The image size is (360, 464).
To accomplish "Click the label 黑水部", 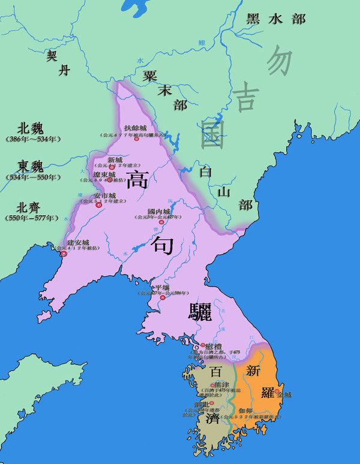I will click(x=276, y=19).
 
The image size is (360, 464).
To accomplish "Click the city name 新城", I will click(x=115, y=160).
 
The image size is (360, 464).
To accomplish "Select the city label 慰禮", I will click(x=214, y=347).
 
